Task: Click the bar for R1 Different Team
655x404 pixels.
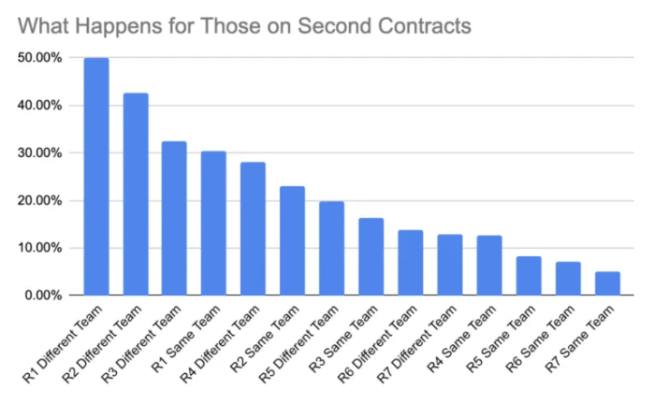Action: (x=96, y=177)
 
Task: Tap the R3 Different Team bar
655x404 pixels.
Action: (x=174, y=219)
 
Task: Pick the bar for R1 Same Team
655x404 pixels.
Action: (x=213, y=224)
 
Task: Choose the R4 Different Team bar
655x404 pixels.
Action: (x=253, y=229)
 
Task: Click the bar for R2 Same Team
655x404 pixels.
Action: (x=292, y=241)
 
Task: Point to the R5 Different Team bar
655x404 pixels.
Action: (x=331, y=249)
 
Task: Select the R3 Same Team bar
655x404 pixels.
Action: (x=371, y=257)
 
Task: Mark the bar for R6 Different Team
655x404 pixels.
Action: (x=410, y=263)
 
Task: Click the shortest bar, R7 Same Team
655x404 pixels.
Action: (x=606, y=283)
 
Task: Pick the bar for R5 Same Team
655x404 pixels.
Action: (x=529, y=276)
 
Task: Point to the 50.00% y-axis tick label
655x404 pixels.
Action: (x=39, y=58)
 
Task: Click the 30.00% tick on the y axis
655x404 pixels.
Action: (x=39, y=153)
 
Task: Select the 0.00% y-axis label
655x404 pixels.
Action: (x=43, y=296)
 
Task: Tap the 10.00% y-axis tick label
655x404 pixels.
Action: (x=39, y=248)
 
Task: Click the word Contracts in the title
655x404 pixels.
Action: (x=422, y=25)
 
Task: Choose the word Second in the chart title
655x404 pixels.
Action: (x=329, y=25)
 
